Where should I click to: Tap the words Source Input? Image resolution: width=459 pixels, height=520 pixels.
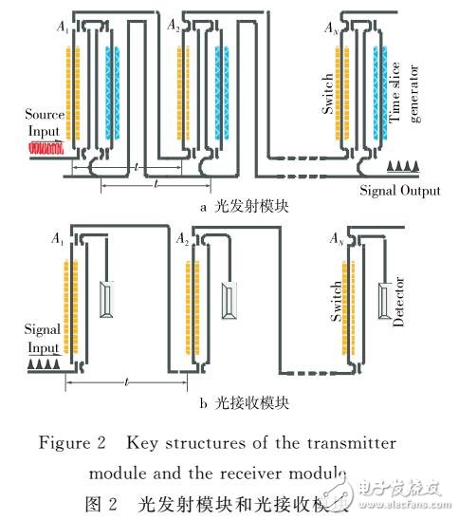[x=42, y=123]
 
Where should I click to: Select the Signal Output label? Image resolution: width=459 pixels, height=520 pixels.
[x=399, y=191]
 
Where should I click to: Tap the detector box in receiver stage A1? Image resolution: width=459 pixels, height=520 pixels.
[x=111, y=304]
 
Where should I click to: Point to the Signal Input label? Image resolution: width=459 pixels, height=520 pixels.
[x=42, y=338]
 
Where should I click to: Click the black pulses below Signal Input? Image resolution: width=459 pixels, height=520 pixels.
[x=42, y=363]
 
